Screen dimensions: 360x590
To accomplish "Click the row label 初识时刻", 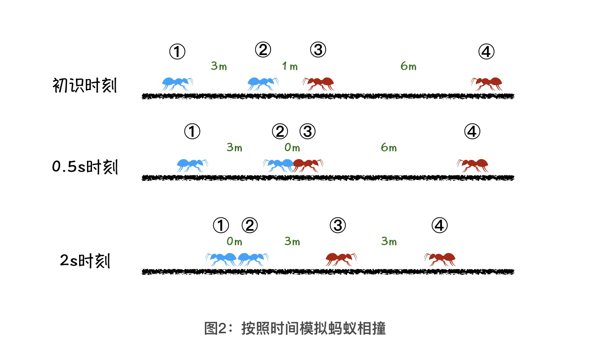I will click(85, 85).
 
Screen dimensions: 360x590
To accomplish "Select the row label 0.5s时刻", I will click(85, 167).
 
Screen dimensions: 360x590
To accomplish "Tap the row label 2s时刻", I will click(85, 261).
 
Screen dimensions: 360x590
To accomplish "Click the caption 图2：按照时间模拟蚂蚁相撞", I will click(295, 328).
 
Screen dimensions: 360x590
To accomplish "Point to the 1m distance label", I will click(290, 66).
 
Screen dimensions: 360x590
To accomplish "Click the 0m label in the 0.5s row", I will click(292, 147).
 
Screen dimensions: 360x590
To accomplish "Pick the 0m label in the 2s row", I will click(234, 241).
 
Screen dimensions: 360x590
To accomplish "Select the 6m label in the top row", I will click(408, 66).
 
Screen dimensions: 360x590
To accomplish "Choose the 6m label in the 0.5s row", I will click(389, 147).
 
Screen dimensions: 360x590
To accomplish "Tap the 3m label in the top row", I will click(219, 66).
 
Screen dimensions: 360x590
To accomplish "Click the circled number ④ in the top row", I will click(486, 51).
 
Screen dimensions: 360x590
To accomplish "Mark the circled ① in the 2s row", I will click(221, 225).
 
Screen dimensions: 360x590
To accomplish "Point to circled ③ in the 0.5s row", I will click(308, 131).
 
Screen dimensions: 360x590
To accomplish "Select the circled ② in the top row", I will click(263, 50).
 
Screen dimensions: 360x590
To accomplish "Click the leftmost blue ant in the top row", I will click(177, 83).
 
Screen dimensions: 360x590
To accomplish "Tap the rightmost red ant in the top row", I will click(487, 83).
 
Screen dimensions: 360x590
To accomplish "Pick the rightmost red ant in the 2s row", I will click(440, 259).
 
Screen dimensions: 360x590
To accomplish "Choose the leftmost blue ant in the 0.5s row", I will click(192, 165).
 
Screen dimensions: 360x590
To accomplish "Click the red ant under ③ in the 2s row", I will click(341, 259).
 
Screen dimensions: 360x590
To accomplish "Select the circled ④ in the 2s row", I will click(440, 225).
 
